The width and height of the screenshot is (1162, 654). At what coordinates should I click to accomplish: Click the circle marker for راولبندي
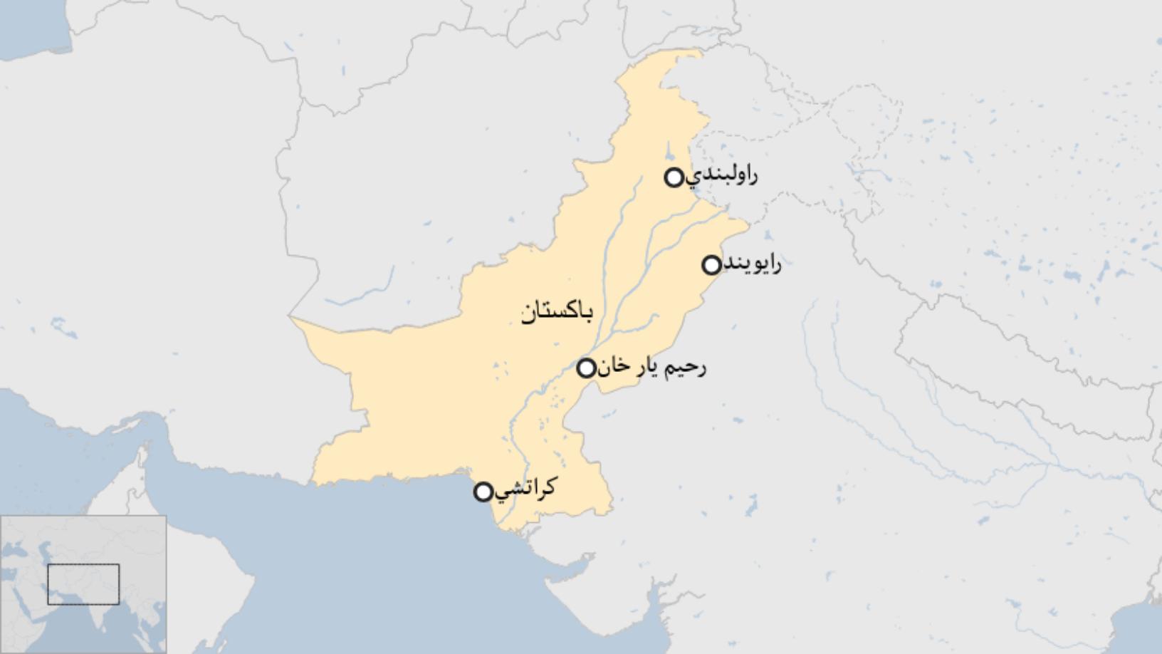(x=674, y=177)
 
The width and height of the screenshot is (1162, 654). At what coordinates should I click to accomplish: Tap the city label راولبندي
(x=721, y=175)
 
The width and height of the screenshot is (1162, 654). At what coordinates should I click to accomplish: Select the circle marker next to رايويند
(x=711, y=265)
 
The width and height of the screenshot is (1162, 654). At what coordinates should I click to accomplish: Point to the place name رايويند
(x=753, y=264)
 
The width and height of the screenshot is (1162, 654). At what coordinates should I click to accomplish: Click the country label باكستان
(x=556, y=312)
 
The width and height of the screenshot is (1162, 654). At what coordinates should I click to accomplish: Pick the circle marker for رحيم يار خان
(x=586, y=368)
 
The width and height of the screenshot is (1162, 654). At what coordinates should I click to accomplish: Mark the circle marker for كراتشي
(x=483, y=492)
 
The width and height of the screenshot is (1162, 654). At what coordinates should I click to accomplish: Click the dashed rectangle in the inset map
(x=83, y=584)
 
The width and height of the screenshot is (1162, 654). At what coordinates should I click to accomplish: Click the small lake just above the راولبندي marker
(x=669, y=152)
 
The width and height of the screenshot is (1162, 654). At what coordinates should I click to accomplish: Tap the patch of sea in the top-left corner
(x=28, y=25)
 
